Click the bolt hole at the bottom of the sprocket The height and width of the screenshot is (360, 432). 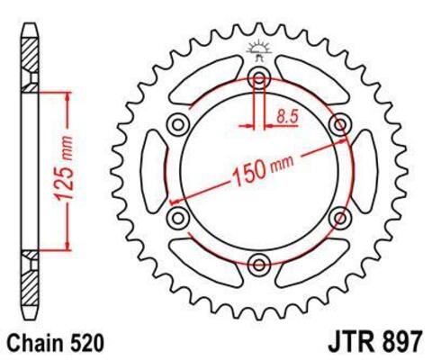(260, 264)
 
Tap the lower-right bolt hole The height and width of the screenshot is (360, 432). (341, 216)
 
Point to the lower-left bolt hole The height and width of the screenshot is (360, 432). (177, 216)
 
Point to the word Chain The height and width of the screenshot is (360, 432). (37, 343)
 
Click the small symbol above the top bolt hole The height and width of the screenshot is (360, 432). (260, 50)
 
